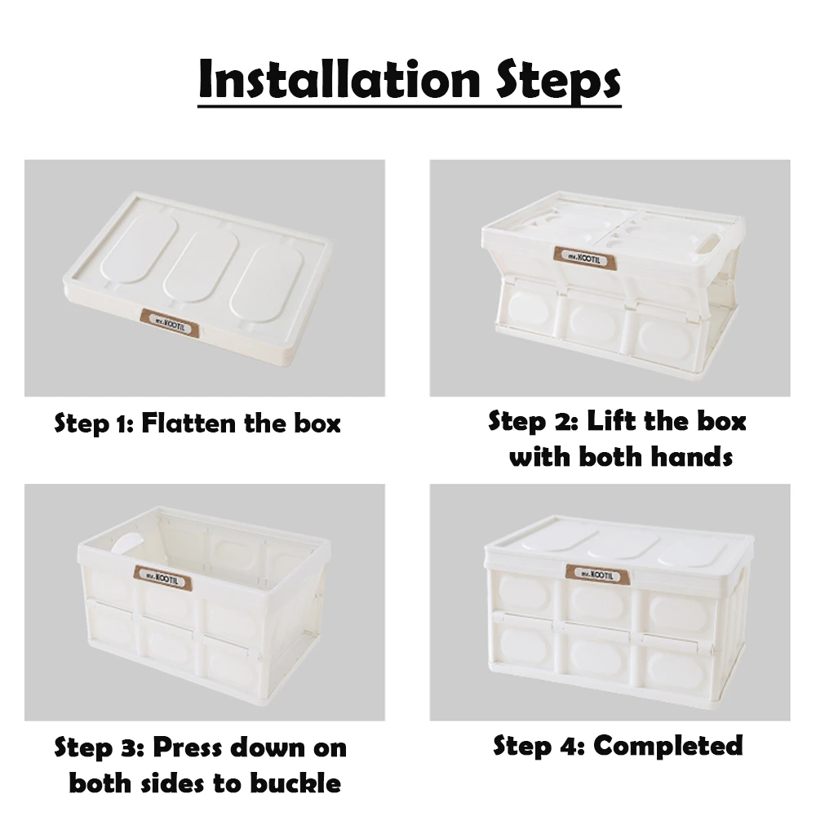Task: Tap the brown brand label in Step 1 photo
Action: [169, 321]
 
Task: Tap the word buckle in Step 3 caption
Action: [297, 783]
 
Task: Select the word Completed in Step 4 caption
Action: [667, 746]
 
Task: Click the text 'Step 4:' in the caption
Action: [539, 746]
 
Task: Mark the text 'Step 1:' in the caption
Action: [93, 424]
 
